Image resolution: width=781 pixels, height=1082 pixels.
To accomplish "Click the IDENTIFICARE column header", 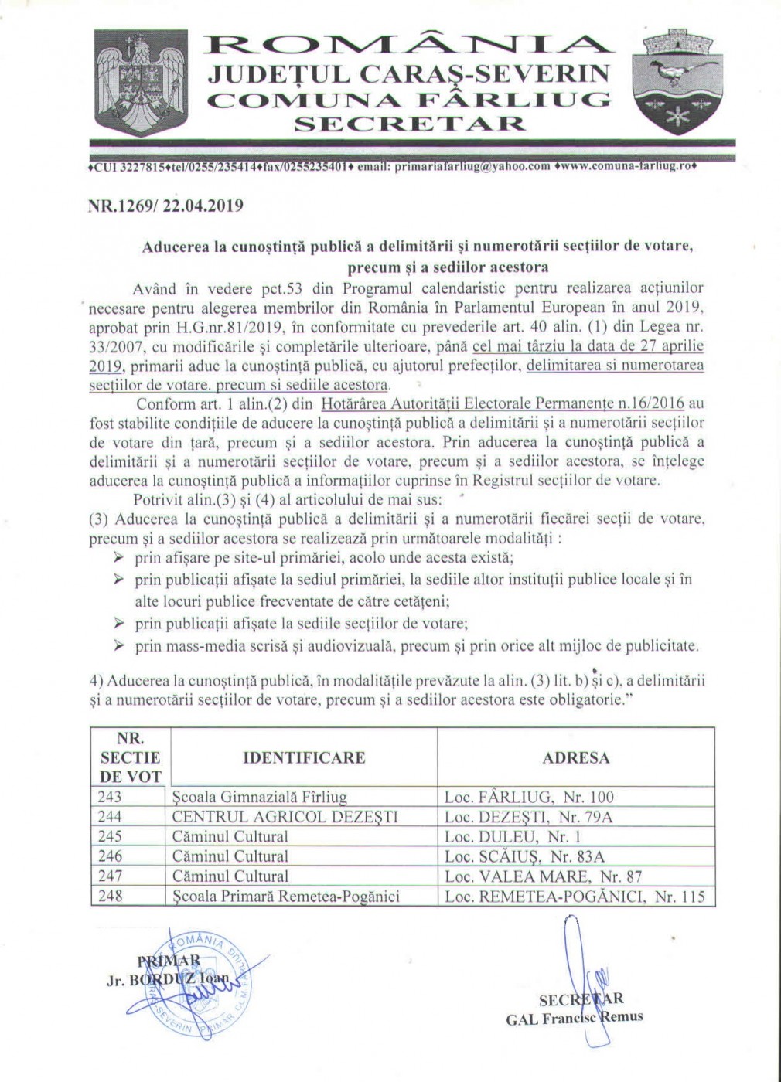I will [x=304, y=757].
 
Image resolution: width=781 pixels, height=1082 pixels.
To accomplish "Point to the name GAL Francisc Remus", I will [x=574, y=1017].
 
